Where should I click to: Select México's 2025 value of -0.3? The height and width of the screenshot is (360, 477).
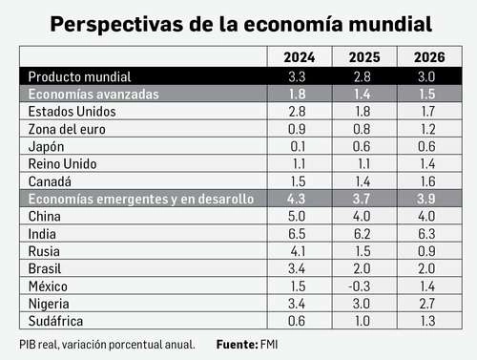coord(362,286)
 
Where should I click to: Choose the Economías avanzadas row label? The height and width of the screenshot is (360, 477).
coord(94,94)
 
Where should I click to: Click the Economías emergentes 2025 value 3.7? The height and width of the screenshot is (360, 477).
coord(362,199)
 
